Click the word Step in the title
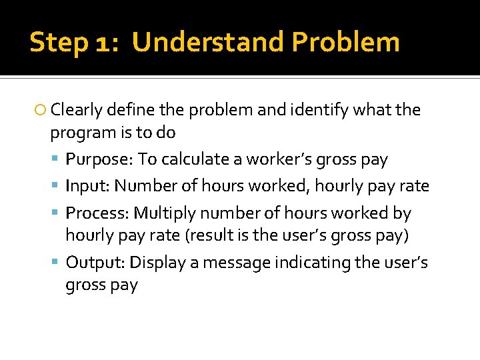58,43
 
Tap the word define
130,110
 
